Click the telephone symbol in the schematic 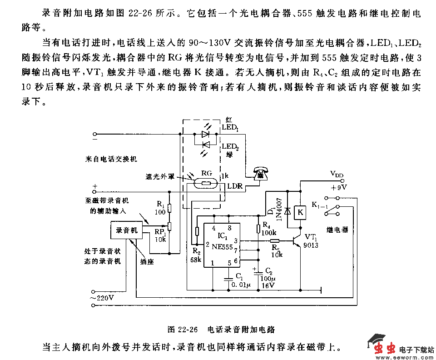pyautogui.click(x=260, y=173)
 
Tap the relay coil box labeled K pyautogui.click(x=300, y=211)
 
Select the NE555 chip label pyautogui.click(x=223, y=247)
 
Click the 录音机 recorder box pyautogui.click(x=127, y=230)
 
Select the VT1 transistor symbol pyautogui.click(x=297, y=240)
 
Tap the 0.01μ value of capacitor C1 pyautogui.click(x=241, y=285)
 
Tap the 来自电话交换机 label pyautogui.click(x=111, y=160)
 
